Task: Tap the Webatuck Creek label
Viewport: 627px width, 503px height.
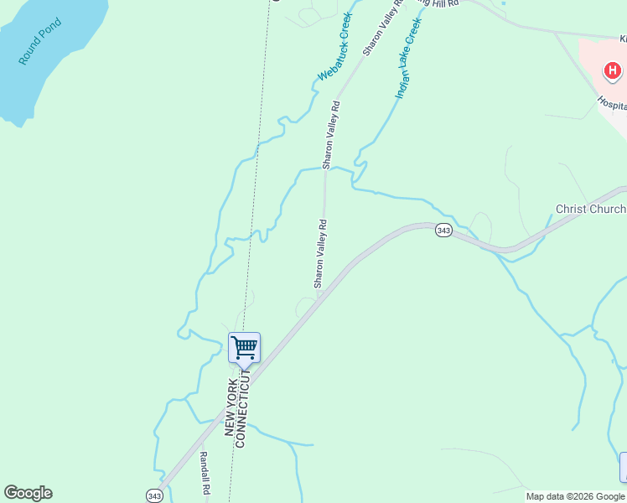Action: click(x=334, y=47)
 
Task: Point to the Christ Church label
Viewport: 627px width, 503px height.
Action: click(x=590, y=209)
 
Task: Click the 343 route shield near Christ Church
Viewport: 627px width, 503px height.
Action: click(x=444, y=231)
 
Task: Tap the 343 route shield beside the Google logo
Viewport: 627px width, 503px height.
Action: click(x=154, y=495)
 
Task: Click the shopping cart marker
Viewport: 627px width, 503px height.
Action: click(x=244, y=346)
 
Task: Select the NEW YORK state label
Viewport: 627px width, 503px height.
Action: click(x=230, y=407)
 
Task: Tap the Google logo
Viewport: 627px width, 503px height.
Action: click(x=28, y=493)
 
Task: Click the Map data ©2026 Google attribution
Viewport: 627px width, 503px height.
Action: click(x=576, y=496)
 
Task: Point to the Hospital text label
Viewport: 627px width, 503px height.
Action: click(x=612, y=104)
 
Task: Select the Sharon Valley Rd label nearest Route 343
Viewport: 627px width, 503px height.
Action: click(x=319, y=254)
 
